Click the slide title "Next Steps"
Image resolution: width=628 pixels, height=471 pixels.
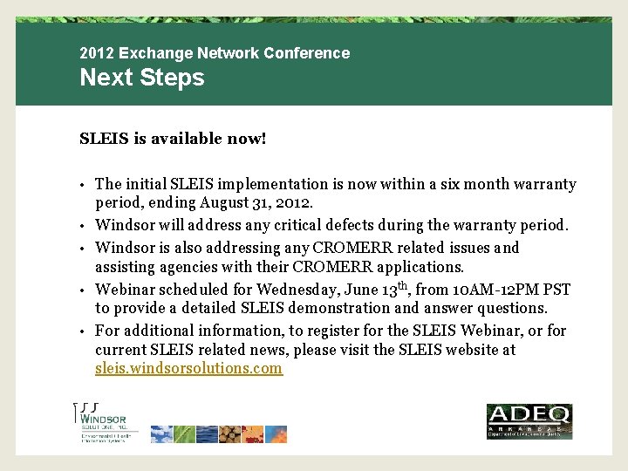pyautogui.click(x=141, y=78)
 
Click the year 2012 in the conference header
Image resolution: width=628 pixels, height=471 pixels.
pyautogui.click(x=95, y=53)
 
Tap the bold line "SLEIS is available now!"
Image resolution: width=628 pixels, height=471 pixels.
pyautogui.click(x=173, y=139)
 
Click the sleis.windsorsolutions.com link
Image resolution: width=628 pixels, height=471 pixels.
pyautogui.click(x=188, y=368)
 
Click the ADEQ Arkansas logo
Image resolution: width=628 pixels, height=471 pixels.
pyautogui.click(x=529, y=421)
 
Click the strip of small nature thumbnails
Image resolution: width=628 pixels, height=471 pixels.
pyautogui.click(x=218, y=433)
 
